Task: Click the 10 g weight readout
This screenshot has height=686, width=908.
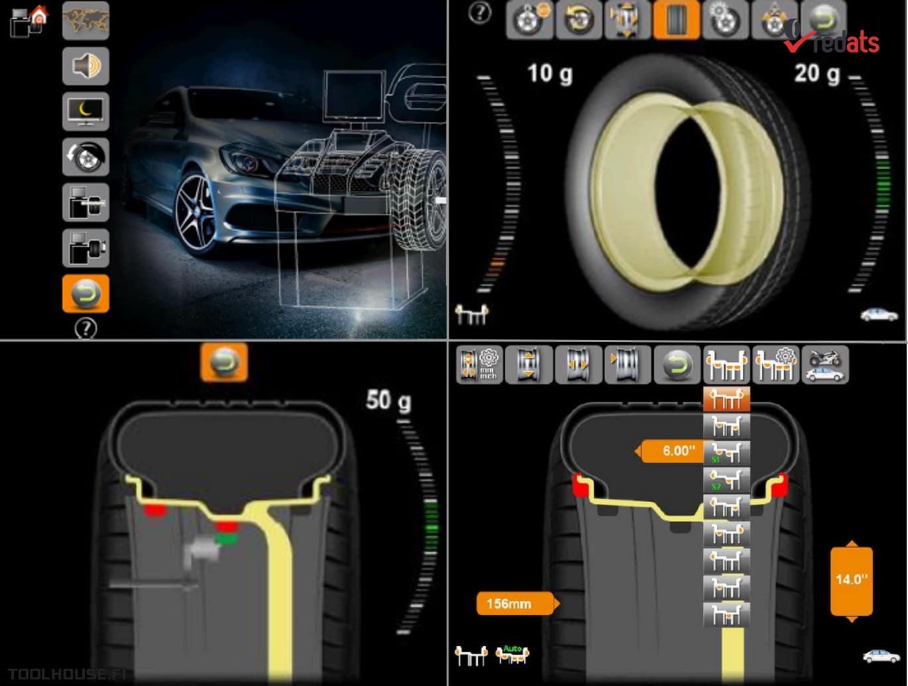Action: tap(550, 73)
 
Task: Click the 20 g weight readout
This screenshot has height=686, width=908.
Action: tap(816, 73)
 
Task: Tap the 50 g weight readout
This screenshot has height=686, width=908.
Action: tap(388, 400)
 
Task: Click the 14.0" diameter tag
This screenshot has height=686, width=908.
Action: tap(851, 580)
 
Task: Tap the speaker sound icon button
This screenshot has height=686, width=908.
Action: tap(86, 66)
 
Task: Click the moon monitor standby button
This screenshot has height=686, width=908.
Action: tap(86, 111)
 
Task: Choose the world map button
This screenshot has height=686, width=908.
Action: tap(86, 21)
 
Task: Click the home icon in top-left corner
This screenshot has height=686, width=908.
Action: tap(40, 15)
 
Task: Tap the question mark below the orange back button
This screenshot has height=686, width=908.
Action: tap(86, 328)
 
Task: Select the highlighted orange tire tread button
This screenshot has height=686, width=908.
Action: tap(676, 21)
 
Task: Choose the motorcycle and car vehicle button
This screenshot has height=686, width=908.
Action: tap(824, 365)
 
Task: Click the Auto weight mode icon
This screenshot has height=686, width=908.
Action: tap(513, 655)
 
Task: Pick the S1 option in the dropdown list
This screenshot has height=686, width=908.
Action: tap(726, 453)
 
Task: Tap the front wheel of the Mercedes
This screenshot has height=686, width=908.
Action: tap(197, 212)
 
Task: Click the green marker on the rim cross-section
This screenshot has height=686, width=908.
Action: tap(226, 540)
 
